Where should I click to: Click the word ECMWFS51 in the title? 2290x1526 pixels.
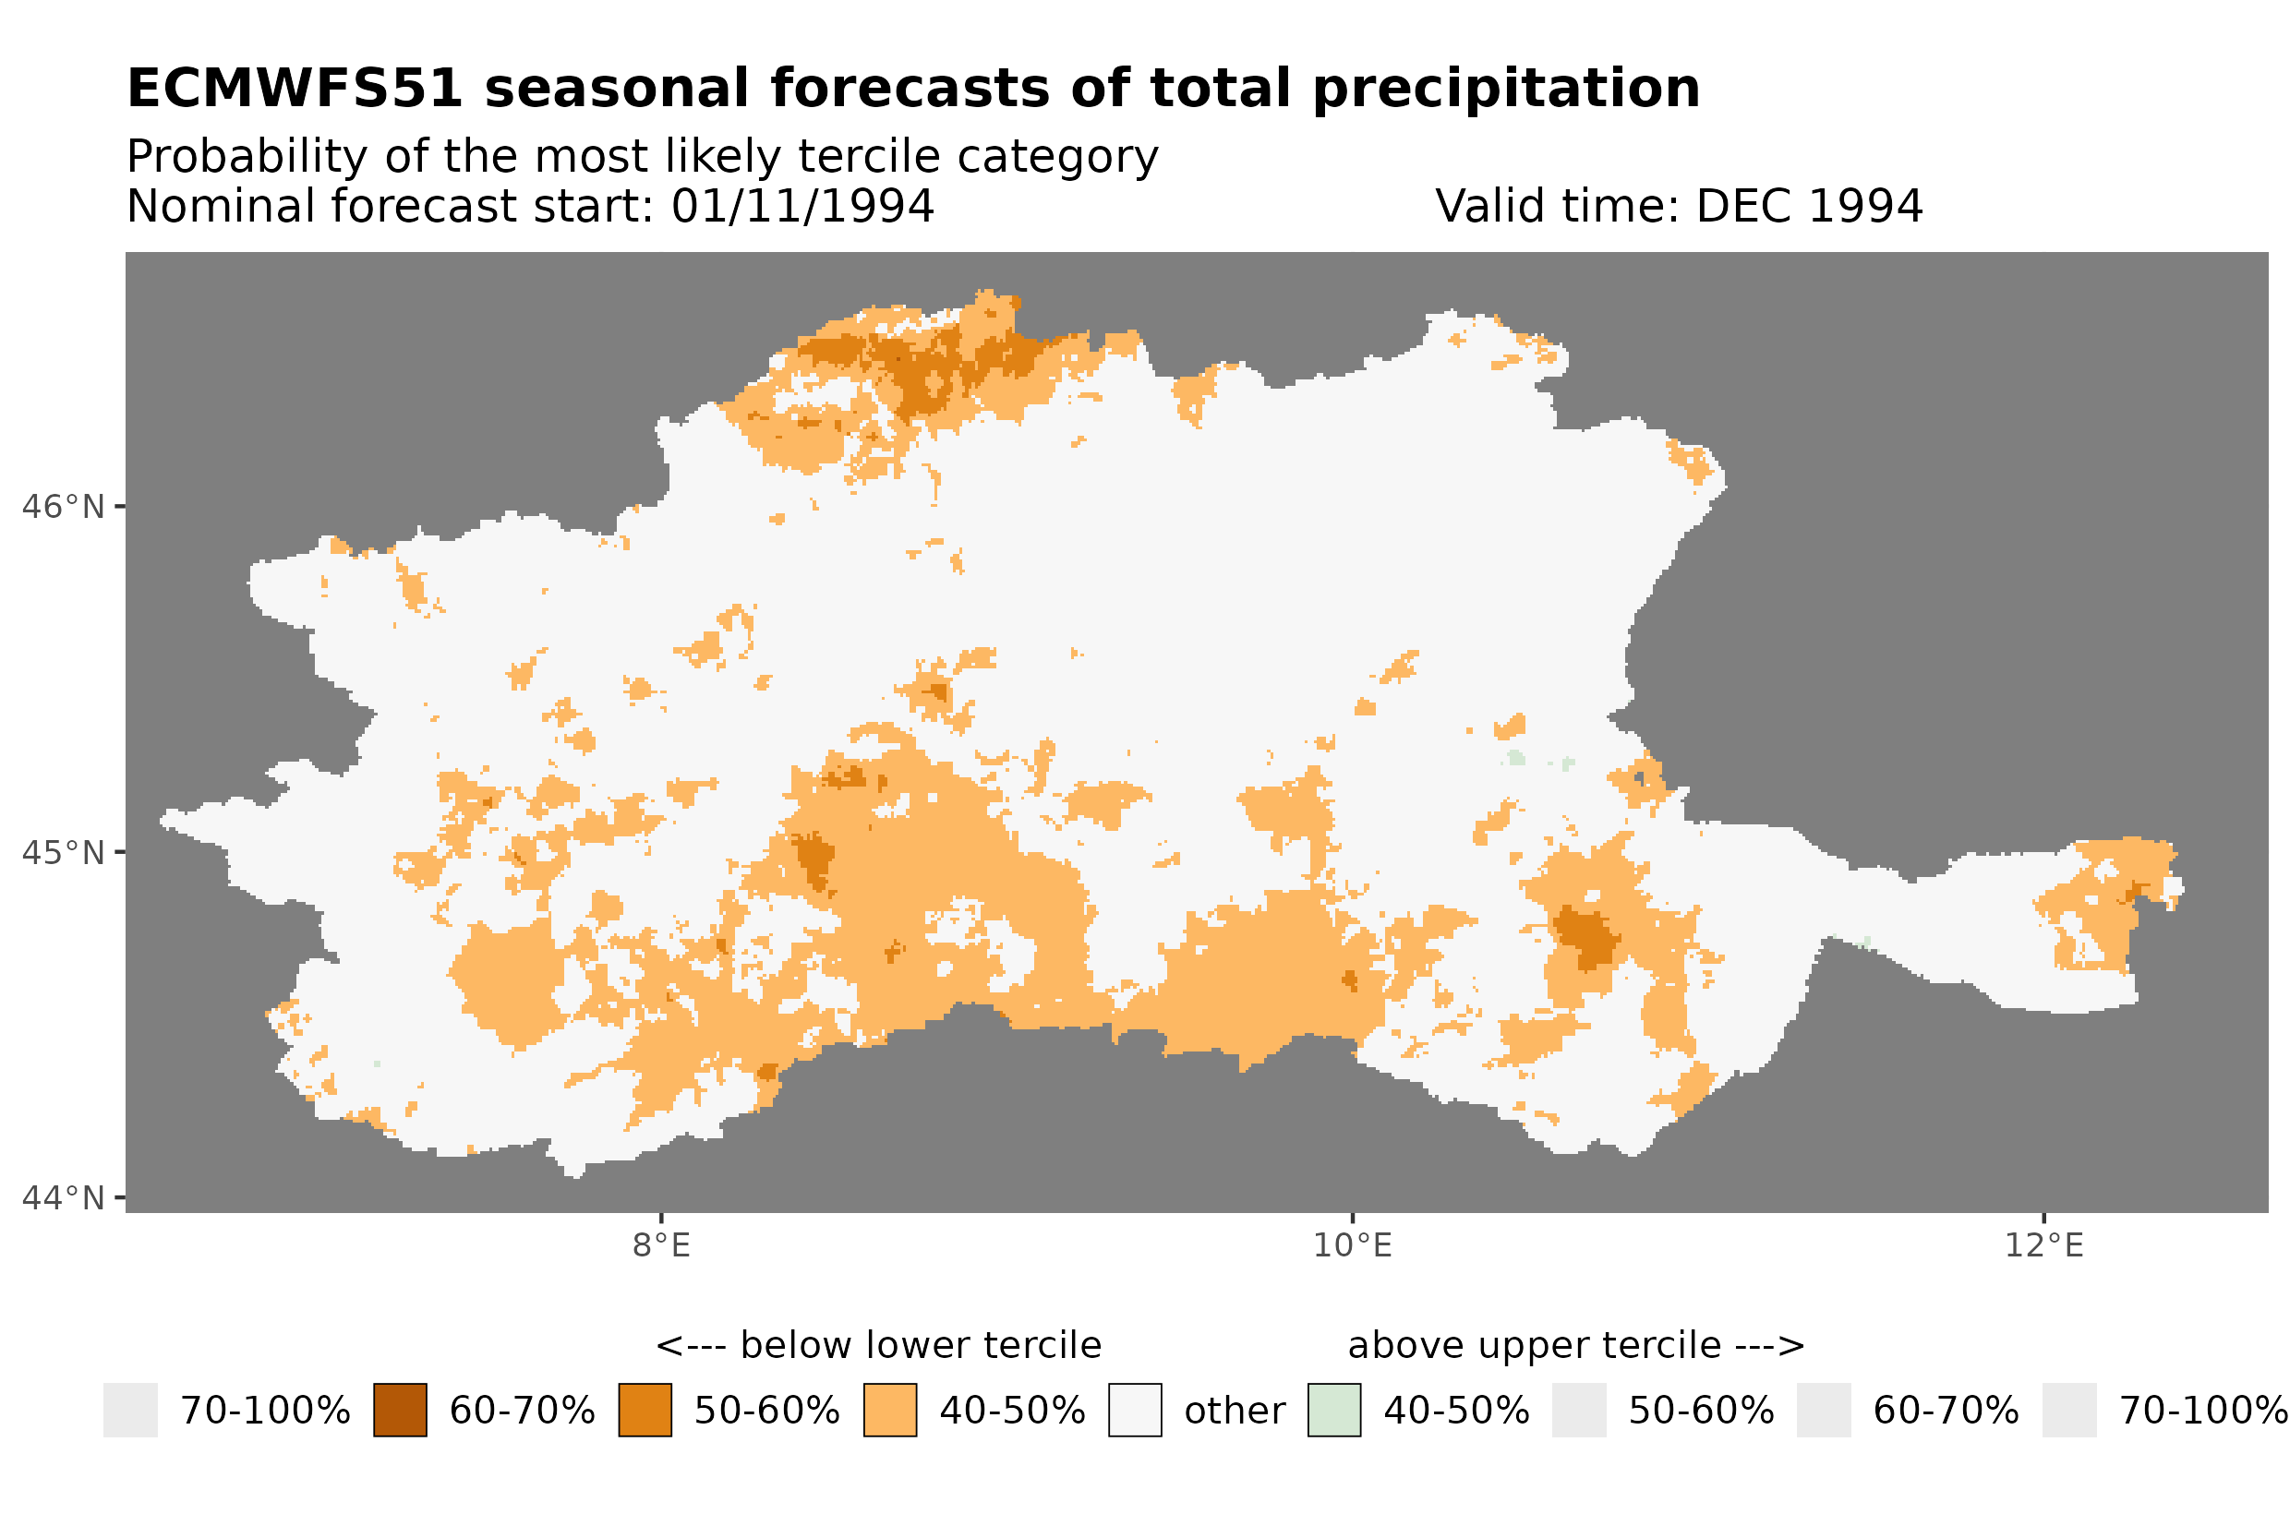pos(294,89)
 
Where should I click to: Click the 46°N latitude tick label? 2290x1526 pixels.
pos(62,507)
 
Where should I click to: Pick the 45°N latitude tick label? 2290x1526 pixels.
pos(62,852)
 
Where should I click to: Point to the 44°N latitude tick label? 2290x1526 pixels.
pos(62,1198)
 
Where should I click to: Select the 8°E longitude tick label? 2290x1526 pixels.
pos(661,1245)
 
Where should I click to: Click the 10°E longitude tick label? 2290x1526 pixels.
pos(1352,1245)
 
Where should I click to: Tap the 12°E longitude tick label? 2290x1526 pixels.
pos(2043,1245)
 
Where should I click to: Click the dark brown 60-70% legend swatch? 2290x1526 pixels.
pos(400,1411)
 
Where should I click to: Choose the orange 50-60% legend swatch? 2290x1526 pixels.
pos(645,1411)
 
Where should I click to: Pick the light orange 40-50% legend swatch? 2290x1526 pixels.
pos(889,1411)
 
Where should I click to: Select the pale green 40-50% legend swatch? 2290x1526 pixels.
pos(1334,1411)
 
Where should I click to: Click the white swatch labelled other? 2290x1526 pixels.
pos(1135,1411)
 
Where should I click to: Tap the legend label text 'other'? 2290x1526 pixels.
pos(1234,1412)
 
